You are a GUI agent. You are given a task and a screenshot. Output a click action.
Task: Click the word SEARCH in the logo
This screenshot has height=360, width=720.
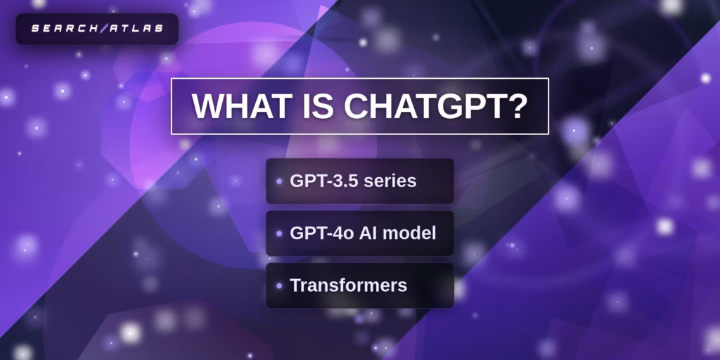65,29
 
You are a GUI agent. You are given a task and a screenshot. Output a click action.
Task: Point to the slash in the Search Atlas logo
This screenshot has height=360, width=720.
103,29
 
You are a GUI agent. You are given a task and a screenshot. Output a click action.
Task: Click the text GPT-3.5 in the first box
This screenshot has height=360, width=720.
323,181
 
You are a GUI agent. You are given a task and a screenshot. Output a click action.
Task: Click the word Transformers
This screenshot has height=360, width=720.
348,285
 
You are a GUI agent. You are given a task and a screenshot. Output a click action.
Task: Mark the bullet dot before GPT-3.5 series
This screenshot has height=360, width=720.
279,181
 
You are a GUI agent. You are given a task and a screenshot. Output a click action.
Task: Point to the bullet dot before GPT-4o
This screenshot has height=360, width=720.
279,233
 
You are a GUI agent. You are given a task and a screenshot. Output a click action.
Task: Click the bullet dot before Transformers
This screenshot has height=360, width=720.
279,285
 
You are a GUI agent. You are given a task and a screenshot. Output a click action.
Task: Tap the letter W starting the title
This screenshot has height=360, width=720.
207,106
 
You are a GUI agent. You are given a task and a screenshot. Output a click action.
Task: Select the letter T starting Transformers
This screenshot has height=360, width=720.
295,285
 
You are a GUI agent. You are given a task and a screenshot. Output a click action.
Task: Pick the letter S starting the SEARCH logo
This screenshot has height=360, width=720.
34,29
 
